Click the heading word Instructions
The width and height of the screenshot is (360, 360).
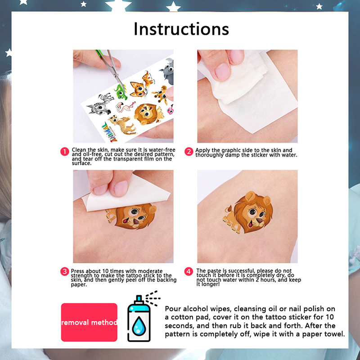(181, 29)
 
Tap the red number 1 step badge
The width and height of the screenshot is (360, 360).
(65, 152)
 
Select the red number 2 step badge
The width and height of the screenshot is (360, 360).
(189, 152)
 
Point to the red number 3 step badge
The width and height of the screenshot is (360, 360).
(65, 272)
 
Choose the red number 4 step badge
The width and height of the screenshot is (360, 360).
(189, 272)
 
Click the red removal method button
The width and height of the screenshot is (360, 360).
(89, 322)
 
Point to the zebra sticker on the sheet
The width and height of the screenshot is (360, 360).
(100, 104)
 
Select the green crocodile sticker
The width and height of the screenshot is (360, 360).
(121, 92)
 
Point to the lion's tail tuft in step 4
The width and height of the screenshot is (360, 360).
(228, 209)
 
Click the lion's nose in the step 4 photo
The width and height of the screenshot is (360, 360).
(260, 220)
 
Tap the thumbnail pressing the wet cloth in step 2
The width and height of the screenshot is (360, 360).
(222, 71)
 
